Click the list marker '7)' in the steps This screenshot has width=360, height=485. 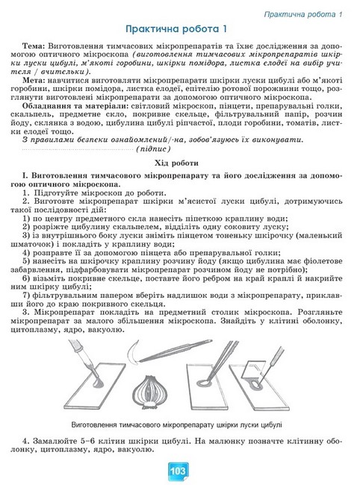[28, 307]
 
